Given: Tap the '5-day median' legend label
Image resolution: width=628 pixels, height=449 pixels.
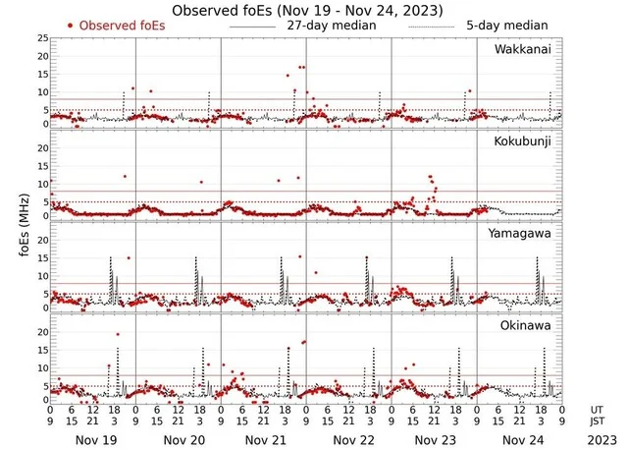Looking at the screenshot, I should [x=498, y=25].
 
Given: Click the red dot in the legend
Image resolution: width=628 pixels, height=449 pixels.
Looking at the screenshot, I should [x=71, y=25].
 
